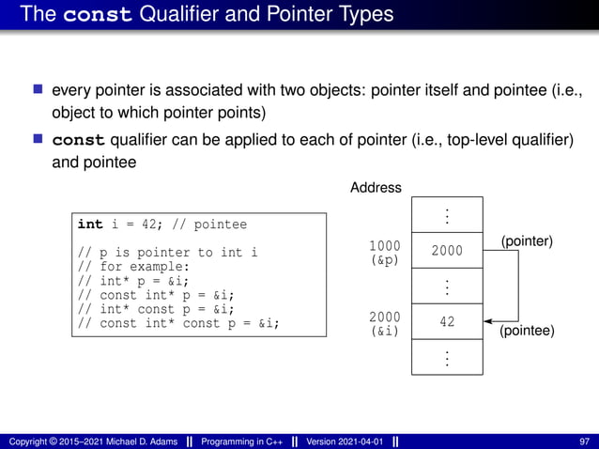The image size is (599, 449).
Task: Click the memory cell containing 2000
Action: click(x=447, y=250)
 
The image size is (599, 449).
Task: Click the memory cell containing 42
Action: click(x=447, y=322)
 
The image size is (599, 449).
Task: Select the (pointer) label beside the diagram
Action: click(x=527, y=241)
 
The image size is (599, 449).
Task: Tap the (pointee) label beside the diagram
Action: click(x=527, y=332)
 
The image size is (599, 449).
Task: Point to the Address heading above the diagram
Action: click(x=376, y=188)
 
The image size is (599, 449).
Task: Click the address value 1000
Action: click(x=384, y=246)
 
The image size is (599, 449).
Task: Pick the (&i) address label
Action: click(x=384, y=332)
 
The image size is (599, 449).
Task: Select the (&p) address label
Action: click(x=384, y=260)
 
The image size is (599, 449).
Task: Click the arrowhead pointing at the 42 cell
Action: click(x=488, y=322)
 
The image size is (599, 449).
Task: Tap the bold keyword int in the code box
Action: click(x=90, y=224)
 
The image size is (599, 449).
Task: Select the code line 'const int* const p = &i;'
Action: click(x=178, y=323)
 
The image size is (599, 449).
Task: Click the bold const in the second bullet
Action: click(x=79, y=140)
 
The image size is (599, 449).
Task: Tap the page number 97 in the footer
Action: click(x=585, y=441)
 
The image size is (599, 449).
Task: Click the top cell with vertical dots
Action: click(x=447, y=216)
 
